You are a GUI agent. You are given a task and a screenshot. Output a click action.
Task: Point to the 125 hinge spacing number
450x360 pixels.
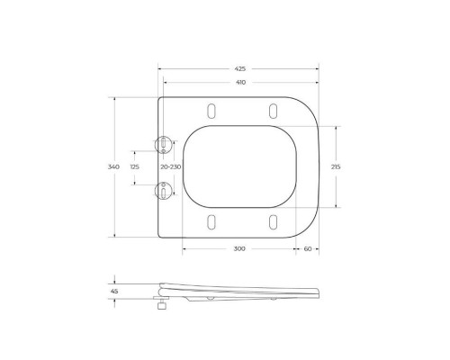pos(135,166)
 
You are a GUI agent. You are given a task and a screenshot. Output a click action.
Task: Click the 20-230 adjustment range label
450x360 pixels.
pos(170,166)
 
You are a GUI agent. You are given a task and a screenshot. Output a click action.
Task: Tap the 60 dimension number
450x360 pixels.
pos(308,247)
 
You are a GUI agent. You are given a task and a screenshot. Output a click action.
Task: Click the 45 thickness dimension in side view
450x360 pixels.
pos(114,291)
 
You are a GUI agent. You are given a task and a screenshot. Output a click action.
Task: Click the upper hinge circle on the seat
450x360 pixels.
pos(163,143)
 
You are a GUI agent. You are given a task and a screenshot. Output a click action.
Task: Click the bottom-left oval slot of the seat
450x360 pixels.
pos(211,222)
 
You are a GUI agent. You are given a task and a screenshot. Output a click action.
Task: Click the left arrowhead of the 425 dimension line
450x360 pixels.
pos(160,67)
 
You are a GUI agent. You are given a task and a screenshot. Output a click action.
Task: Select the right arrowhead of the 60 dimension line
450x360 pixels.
pos(319,247)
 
